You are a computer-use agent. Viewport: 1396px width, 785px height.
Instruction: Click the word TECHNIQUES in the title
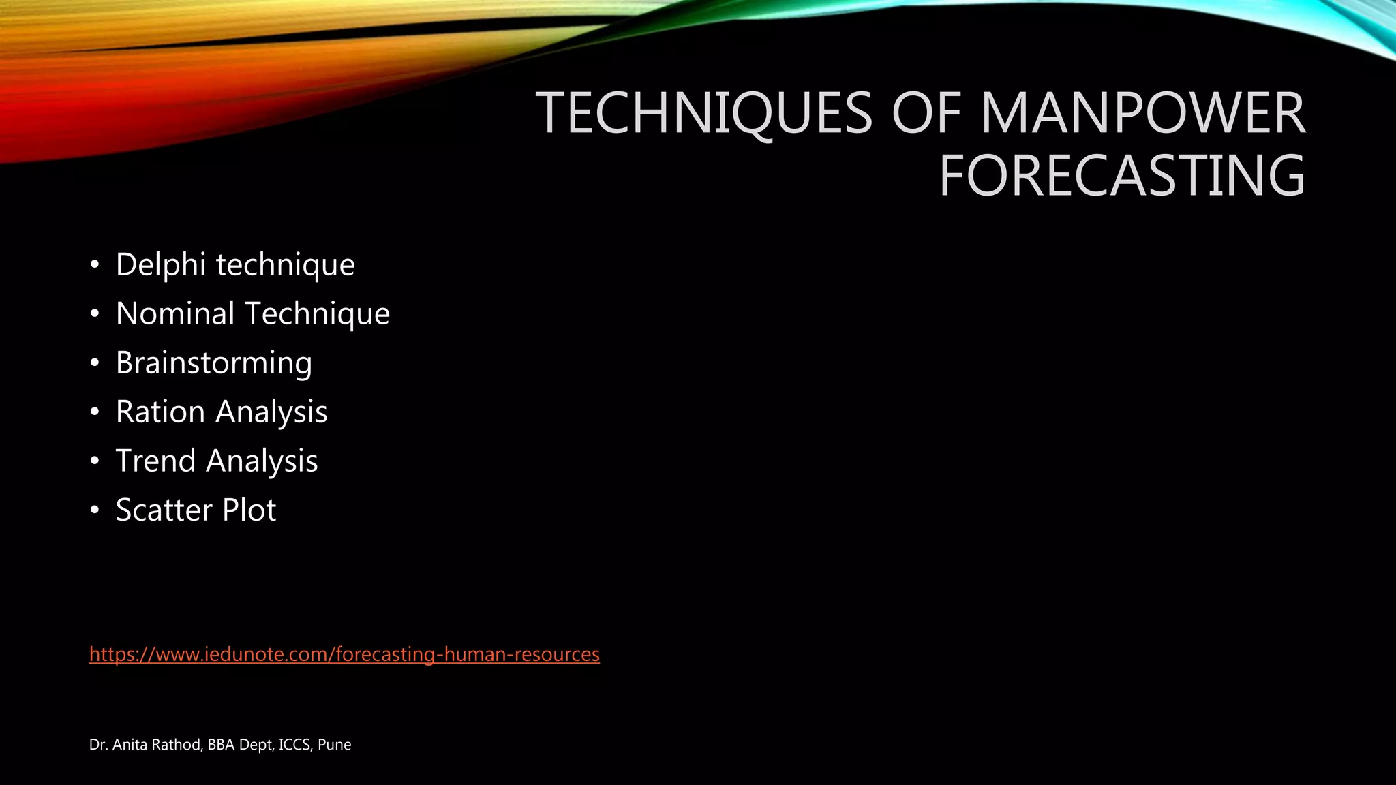[x=704, y=112]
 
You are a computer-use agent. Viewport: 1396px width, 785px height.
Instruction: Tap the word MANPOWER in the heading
[x=1142, y=112]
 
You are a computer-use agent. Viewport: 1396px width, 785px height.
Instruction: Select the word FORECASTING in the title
[x=1122, y=175]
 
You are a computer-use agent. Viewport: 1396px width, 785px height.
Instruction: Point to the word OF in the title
[x=926, y=112]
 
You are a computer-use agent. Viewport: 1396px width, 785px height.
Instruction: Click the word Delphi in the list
[x=161, y=264]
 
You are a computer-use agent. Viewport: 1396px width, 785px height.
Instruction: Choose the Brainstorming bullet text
[x=214, y=363]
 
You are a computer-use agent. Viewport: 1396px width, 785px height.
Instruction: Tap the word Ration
[x=160, y=412]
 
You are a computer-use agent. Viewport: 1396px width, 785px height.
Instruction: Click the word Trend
[x=156, y=461]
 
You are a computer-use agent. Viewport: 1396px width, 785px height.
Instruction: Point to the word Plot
[x=249, y=510]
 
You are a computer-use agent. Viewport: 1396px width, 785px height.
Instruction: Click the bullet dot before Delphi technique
[x=95, y=265]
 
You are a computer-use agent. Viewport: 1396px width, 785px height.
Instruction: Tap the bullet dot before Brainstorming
[x=95, y=363]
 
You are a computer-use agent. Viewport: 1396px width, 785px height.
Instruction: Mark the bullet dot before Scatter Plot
[x=95, y=510]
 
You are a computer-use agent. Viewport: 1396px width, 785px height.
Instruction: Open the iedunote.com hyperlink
[x=344, y=654]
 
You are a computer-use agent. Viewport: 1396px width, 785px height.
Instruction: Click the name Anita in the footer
[x=130, y=745]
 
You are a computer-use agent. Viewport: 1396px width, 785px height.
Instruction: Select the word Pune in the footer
[x=334, y=745]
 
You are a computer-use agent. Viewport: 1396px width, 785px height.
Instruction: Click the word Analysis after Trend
[x=262, y=461]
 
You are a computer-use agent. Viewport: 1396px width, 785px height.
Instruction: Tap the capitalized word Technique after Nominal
[x=317, y=313]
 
